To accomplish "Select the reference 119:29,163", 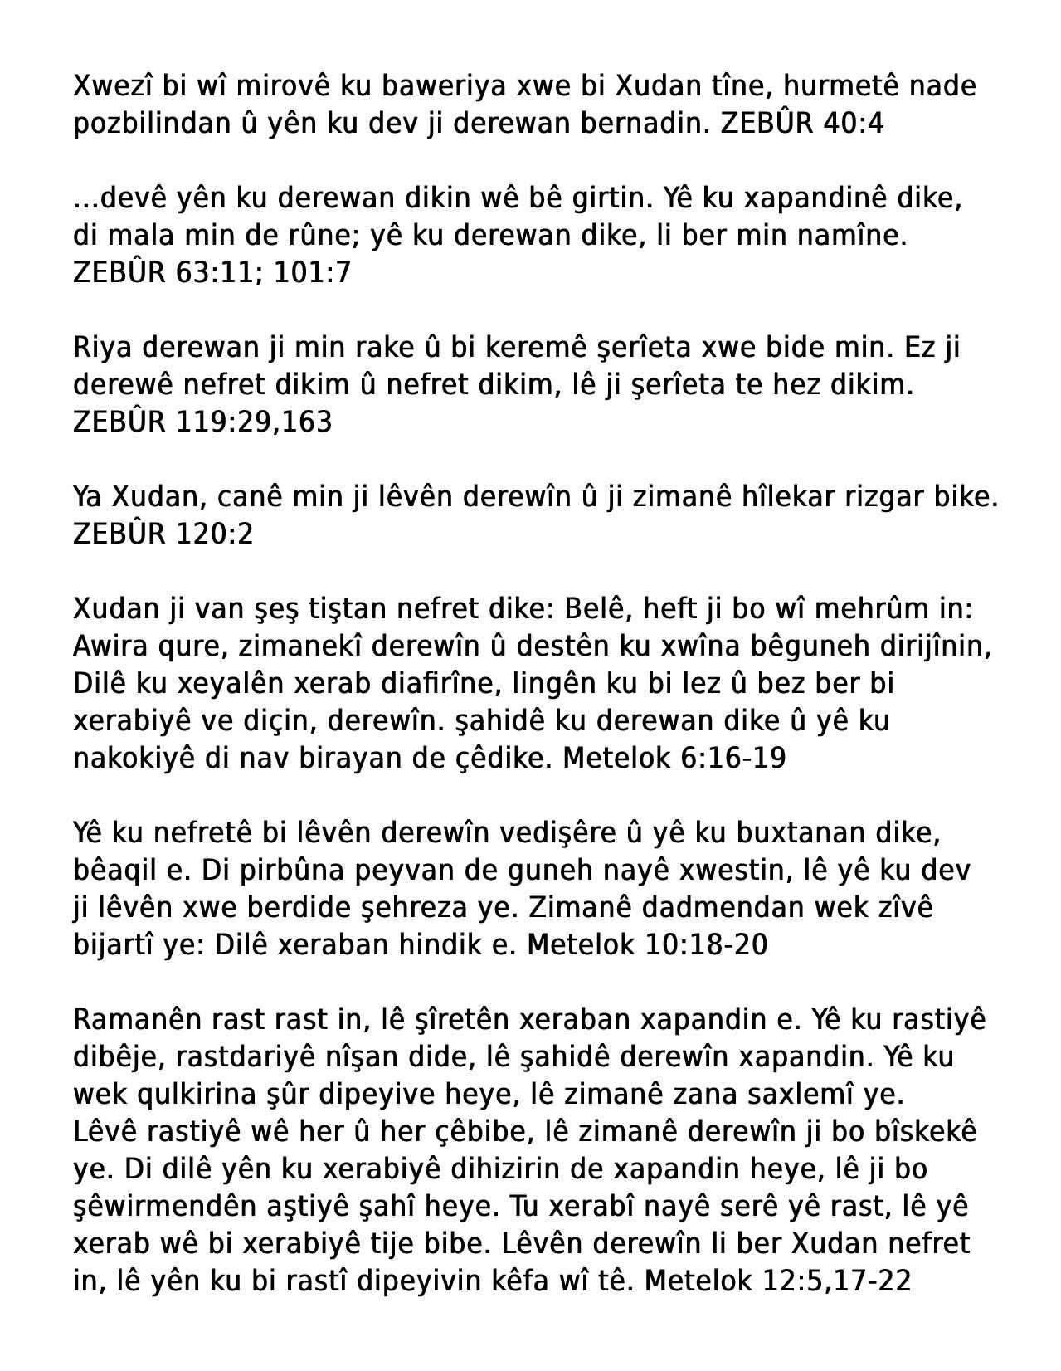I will (254, 422).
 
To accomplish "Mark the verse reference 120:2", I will (214, 534).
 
